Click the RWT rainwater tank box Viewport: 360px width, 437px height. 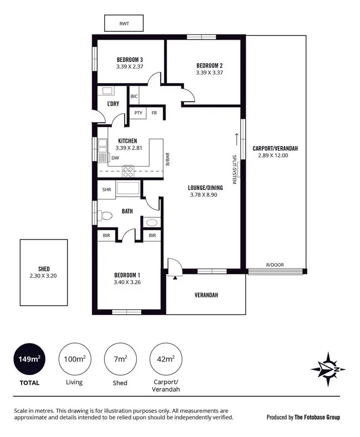124,23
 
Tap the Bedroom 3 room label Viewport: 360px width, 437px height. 130,60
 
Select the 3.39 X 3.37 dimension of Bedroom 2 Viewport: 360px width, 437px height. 210,73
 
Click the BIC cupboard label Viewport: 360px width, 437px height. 134,96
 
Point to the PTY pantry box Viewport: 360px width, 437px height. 138,113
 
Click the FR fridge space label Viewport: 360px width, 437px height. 155,113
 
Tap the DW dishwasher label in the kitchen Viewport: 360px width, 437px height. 115,158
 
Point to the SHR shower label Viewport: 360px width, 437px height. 107,189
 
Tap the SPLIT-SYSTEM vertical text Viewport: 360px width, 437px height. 235,169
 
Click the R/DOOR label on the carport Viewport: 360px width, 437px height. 275,265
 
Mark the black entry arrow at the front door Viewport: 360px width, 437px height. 176,277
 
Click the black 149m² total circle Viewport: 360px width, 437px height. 29,358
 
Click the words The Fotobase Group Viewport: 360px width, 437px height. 317,417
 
